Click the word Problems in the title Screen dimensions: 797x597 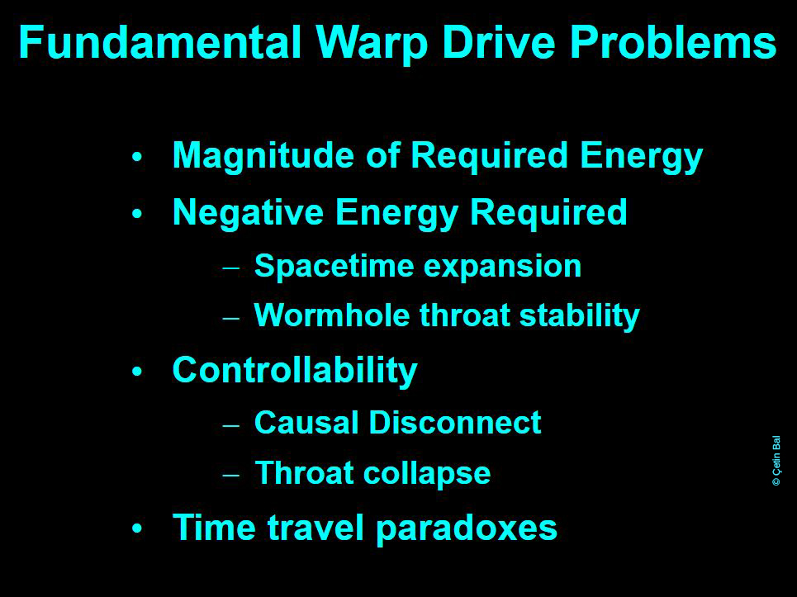673,43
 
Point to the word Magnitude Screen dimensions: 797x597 263,157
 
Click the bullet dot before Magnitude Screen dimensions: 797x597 137,158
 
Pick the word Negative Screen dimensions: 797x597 248,212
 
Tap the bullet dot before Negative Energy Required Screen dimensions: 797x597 137,215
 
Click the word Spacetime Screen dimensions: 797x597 334,267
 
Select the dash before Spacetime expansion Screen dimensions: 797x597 230,268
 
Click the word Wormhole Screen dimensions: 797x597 332,315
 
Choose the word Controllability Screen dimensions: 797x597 295,372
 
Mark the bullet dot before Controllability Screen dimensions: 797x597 137,372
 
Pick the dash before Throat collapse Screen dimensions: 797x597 230,476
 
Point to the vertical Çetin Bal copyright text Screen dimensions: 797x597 776,461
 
